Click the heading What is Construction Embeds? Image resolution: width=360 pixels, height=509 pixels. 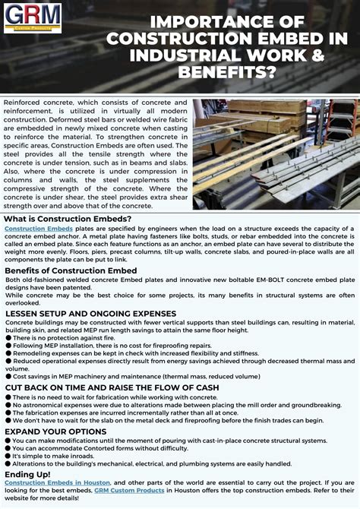pyautogui.click(x=68, y=219)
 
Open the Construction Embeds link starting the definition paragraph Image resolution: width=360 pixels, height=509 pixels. pyautogui.click(x=39, y=229)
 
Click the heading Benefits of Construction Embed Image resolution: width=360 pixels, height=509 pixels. pyautogui.click(x=71, y=270)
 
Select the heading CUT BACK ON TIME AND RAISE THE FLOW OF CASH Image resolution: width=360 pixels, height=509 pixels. pyautogui.click(x=112, y=387)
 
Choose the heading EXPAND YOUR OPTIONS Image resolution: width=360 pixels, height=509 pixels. pyautogui.click(x=55, y=431)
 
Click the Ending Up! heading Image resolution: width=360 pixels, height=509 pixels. pyautogui.click(x=28, y=473)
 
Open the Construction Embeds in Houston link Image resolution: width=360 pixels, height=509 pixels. pyautogui.click(x=57, y=482)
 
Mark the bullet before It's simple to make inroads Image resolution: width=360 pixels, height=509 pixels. pyautogui.click(x=8, y=456)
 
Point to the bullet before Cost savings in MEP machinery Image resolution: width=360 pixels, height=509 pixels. pyautogui.click(x=8, y=376)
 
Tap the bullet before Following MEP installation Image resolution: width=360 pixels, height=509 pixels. pyautogui.click(x=8, y=345)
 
